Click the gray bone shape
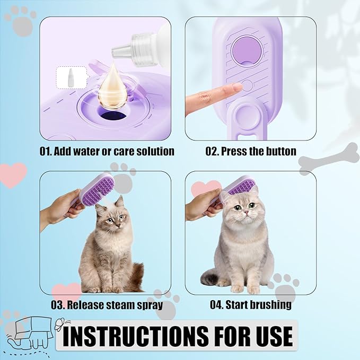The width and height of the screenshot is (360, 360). pos(329,159)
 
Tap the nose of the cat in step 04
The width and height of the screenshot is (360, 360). pos(246,212)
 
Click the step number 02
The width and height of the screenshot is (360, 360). pos(211,152)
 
